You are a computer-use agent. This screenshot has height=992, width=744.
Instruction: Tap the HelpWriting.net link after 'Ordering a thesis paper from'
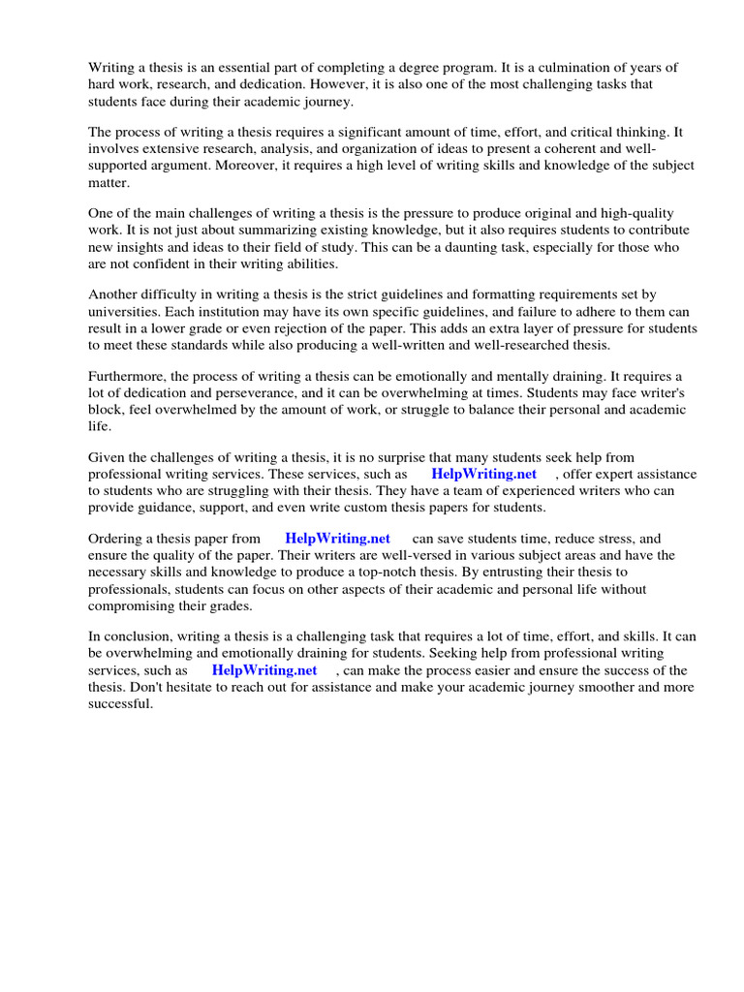pyautogui.click(x=337, y=539)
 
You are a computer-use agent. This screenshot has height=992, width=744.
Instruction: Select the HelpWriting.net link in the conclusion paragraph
pyautogui.click(x=264, y=670)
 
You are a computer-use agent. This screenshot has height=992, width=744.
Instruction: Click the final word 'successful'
pyautogui.click(x=121, y=704)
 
